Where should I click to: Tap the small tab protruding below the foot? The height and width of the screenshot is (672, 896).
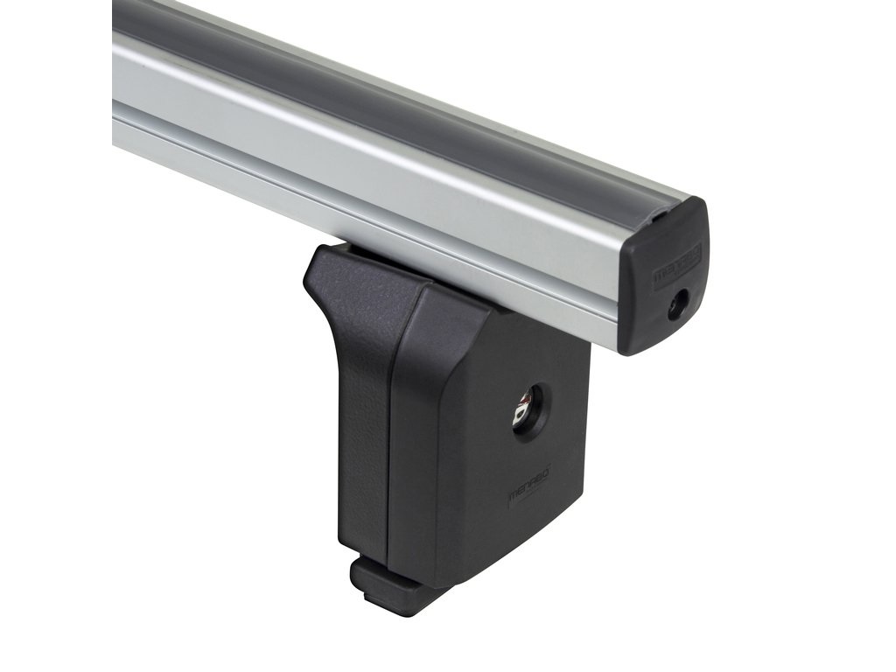click(x=385, y=586)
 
